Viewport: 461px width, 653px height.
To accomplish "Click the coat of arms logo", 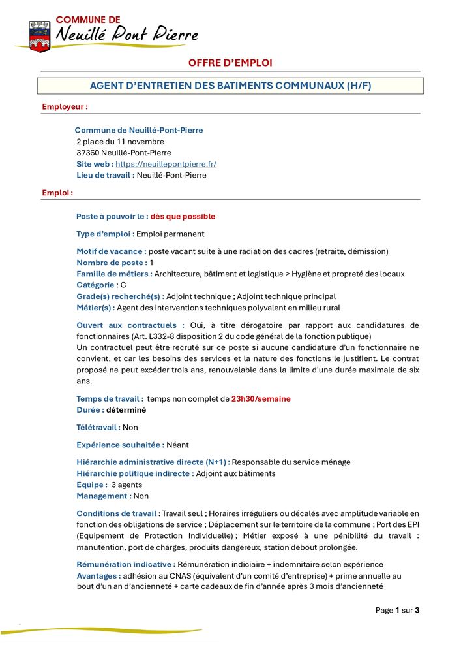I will coord(40,35).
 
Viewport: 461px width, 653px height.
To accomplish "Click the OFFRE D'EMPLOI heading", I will coord(230,63).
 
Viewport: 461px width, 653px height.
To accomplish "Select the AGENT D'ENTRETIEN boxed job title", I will coord(230,86).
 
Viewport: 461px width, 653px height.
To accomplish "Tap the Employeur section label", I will coord(65,106).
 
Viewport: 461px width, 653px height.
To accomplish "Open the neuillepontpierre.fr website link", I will coord(166,164).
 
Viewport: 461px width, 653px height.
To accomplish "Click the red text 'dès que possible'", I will coord(183,216).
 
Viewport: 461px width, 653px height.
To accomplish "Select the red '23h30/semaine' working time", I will coord(261,398).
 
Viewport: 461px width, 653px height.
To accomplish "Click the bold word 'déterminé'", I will coord(126,410).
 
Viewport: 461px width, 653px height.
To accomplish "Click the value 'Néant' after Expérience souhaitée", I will coord(177,445).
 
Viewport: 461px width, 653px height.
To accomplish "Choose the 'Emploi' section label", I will coord(57,193).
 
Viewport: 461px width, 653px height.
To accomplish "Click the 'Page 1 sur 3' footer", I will coord(397,610).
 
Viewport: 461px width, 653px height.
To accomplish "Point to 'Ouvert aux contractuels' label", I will coord(130,325).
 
